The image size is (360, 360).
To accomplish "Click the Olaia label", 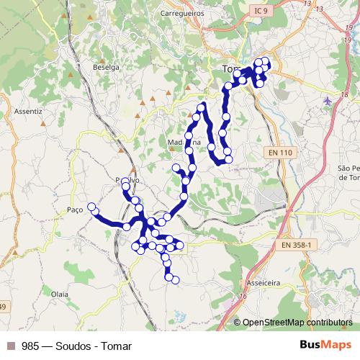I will (60, 294).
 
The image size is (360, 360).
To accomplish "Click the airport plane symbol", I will (328, 100).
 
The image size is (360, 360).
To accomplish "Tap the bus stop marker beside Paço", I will (91, 207).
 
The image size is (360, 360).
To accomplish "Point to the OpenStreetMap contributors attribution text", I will (297, 323).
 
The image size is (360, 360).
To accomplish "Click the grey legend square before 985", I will (11, 346).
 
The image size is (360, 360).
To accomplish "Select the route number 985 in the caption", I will (30, 346).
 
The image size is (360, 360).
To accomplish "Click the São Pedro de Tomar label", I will (348, 172).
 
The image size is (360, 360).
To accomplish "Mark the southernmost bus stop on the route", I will (175, 279).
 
